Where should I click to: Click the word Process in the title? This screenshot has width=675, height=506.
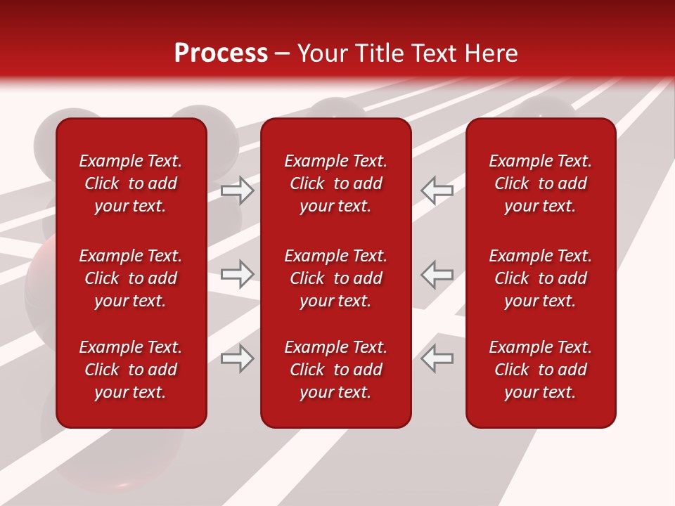point(221,53)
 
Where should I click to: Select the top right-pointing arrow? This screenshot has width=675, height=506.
point(238,190)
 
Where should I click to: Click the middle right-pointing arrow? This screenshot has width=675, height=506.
point(238,274)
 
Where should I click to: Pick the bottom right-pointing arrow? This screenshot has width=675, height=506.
point(238,358)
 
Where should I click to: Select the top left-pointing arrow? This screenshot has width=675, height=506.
point(437,190)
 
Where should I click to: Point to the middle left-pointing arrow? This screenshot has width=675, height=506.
point(437,274)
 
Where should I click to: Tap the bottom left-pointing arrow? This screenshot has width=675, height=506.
point(437,358)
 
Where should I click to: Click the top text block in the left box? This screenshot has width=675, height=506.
point(131,183)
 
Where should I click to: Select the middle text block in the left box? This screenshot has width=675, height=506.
point(131,278)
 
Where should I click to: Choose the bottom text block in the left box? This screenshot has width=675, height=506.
point(131,370)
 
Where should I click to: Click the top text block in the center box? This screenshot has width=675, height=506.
point(336,183)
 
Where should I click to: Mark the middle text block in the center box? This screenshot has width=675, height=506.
point(336,278)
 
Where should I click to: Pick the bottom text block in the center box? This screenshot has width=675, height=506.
point(336,370)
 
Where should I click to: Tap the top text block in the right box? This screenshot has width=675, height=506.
point(541,183)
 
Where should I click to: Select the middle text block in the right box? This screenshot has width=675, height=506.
point(541,278)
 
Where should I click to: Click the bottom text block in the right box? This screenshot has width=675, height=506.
point(541,370)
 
